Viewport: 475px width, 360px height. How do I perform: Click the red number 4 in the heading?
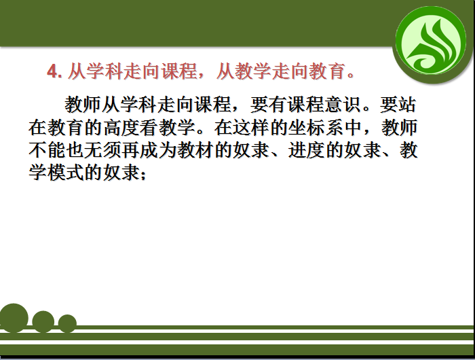[52, 72]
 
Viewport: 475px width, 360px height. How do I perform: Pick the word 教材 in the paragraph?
[195, 150]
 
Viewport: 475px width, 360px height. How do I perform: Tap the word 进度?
[306, 150]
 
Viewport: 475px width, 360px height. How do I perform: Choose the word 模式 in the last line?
[66, 173]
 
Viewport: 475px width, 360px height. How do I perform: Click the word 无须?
[103, 150]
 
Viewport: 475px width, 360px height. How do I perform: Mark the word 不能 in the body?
[47, 150]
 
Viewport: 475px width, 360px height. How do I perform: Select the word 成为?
[159, 150]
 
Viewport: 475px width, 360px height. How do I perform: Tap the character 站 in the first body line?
[407, 105]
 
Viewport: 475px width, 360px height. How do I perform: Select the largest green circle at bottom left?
[14, 317]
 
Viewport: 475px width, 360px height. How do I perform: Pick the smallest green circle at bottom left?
[67, 323]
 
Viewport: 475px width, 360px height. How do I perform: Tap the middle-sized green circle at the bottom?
[43, 321]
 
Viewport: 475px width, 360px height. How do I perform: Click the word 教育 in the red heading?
[327, 72]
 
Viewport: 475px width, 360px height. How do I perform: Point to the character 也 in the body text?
[75, 150]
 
